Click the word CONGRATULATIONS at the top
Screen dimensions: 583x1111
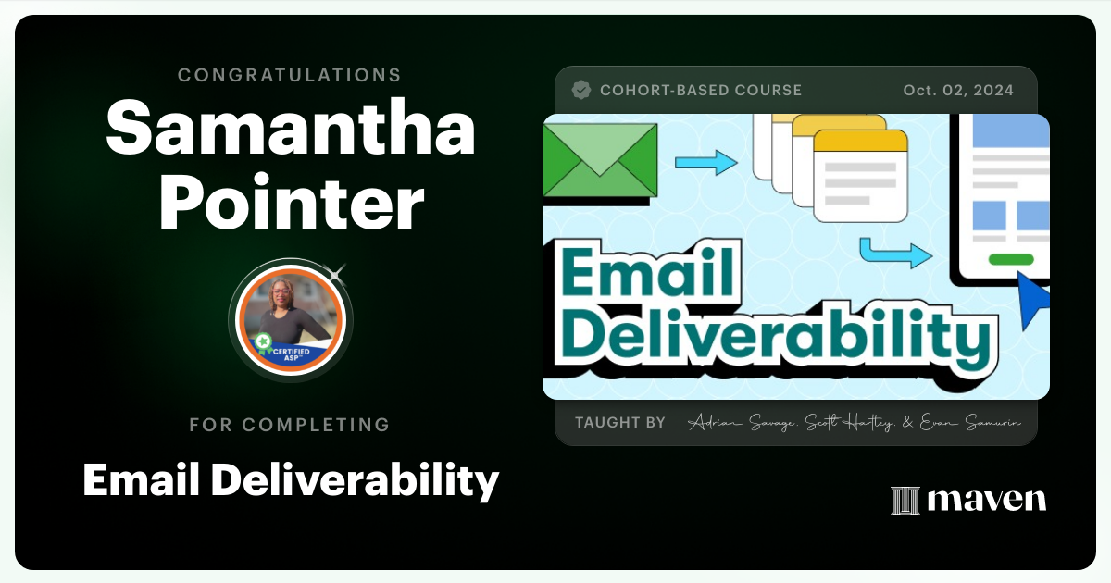pyautogui.click(x=290, y=75)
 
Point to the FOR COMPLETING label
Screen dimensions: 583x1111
pyautogui.click(x=290, y=425)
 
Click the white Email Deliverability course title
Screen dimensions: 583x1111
pyautogui.click(x=290, y=480)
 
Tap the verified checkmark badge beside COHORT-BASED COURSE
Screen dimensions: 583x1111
pyautogui.click(x=581, y=90)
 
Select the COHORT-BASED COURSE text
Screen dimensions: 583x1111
pyautogui.click(x=701, y=91)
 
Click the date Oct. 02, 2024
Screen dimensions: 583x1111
pyautogui.click(x=958, y=91)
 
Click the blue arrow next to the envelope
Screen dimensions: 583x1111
pyautogui.click(x=705, y=164)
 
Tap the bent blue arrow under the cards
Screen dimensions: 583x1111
pyautogui.click(x=893, y=252)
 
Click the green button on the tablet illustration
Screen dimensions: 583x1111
pyautogui.click(x=1010, y=259)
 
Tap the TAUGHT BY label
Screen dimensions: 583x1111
pyautogui.click(x=619, y=423)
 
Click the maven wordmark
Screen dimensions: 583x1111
pyautogui.click(x=987, y=500)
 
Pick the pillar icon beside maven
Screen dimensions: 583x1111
pyautogui.click(x=904, y=501)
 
